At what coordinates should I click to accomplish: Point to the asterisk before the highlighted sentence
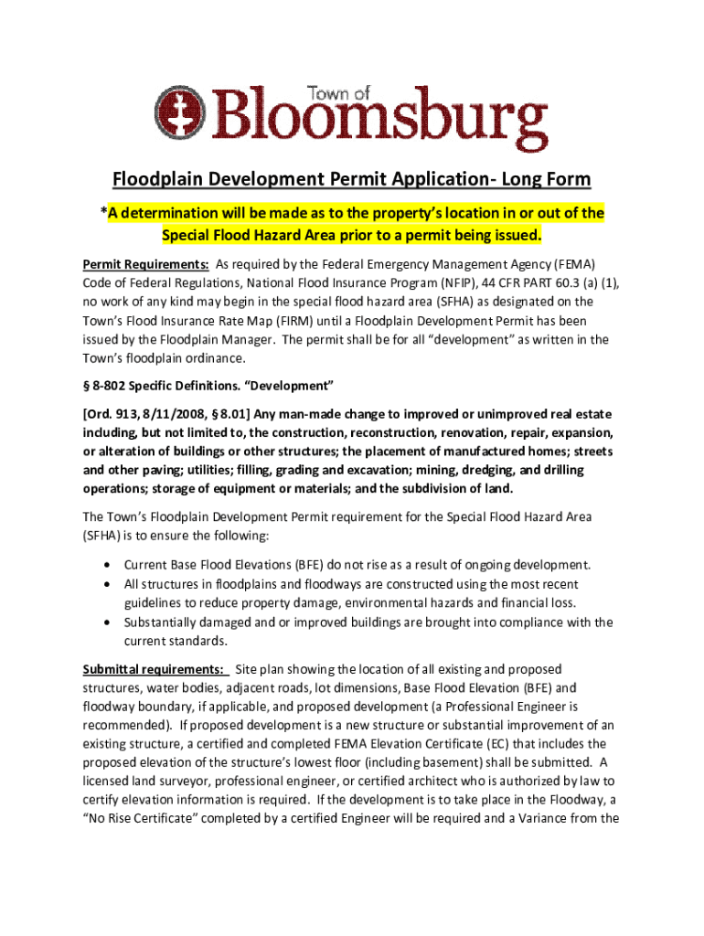coord(103,214)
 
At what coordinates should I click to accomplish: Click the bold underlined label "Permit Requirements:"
coord(145,265)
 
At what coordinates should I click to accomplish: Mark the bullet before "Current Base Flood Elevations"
coord(110,565)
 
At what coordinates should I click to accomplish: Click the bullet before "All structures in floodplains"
coord(110,584)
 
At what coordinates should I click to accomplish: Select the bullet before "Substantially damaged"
coord(110,622)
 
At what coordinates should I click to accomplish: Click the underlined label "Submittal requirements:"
coord(154,669)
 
